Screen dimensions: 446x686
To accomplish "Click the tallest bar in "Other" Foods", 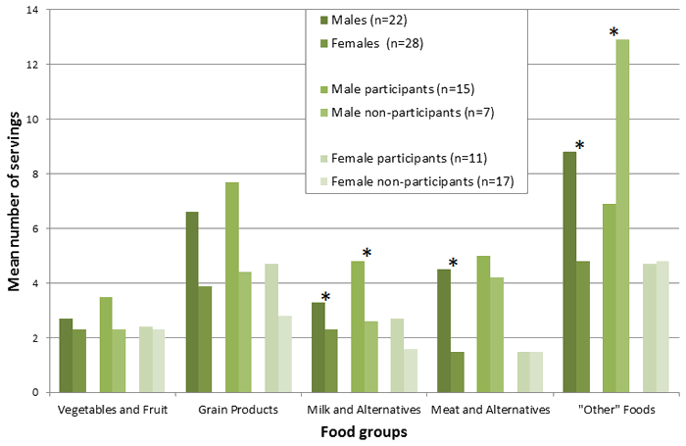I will point(622,216).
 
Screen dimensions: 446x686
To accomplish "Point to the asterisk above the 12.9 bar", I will point(613,33).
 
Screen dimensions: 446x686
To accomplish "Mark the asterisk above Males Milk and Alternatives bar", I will point(325,297).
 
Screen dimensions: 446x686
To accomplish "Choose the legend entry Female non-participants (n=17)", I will point(422,181).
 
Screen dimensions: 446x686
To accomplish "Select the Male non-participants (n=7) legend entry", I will point(411,112).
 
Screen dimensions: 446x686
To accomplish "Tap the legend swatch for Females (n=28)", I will point(322,42).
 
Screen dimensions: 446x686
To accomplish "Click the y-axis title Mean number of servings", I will point(15,201).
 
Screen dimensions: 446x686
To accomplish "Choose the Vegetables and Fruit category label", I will point(113,409).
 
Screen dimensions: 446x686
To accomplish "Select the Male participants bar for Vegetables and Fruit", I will point(106,344).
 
